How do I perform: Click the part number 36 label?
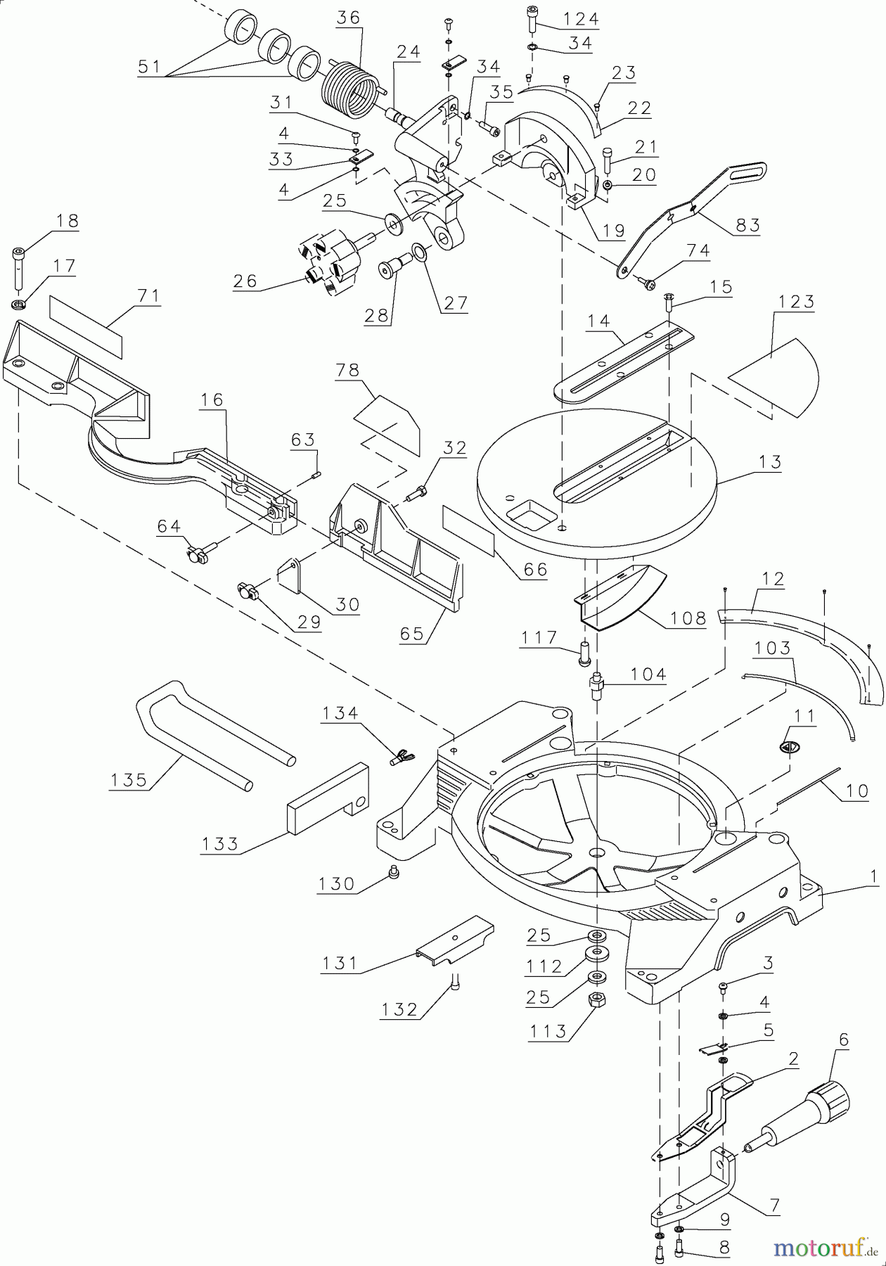tap(348, 18)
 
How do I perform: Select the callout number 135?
tap(128, 780)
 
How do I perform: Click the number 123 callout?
tap(796, 302)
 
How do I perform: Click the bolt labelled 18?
tap(18, 269)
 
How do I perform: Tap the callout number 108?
tap(688, 618)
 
